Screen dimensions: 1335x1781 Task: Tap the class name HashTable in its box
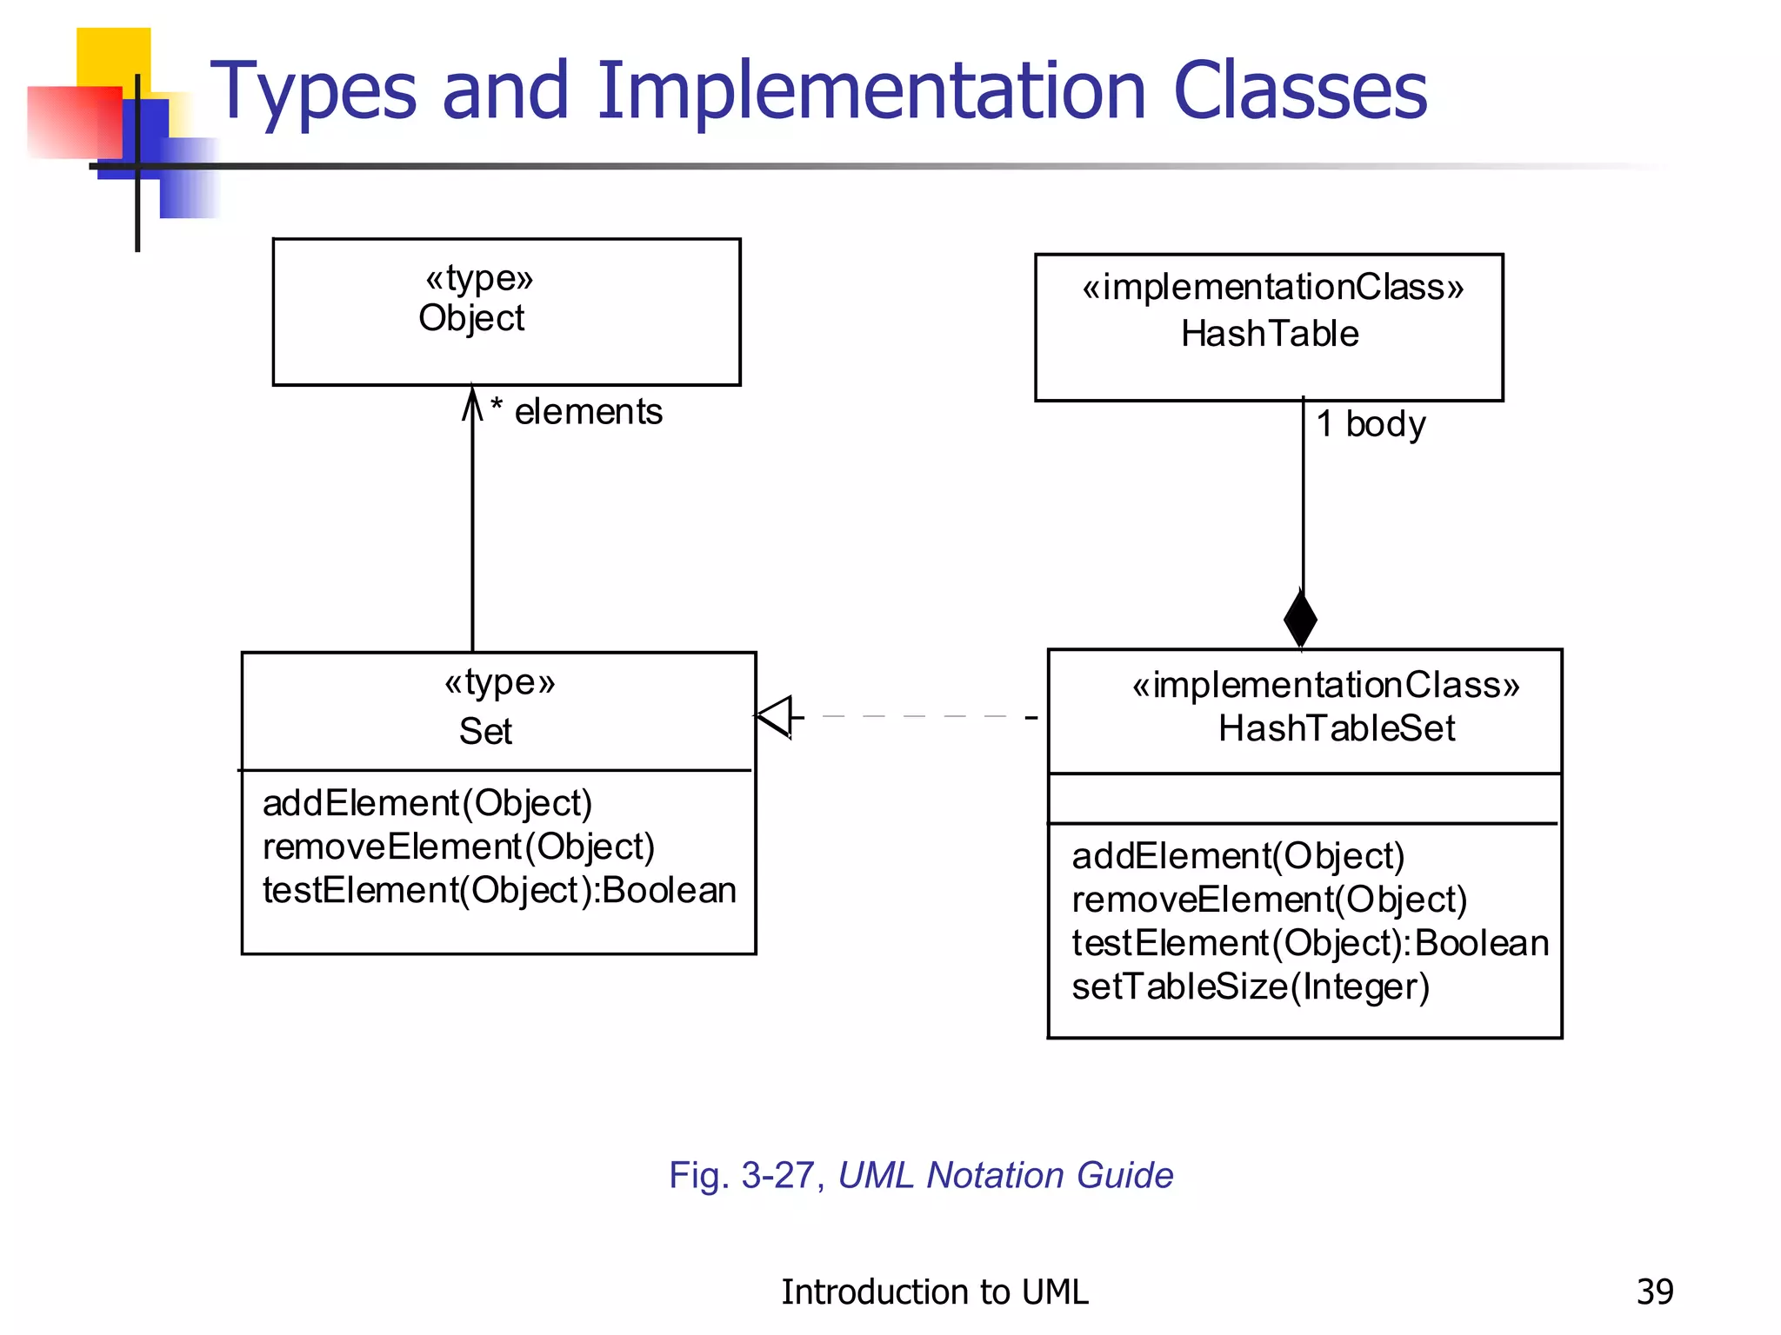1269,335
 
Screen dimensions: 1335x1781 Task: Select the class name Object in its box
471,319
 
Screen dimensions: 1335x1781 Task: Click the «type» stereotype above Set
499,683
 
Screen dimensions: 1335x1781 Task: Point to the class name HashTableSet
1336,728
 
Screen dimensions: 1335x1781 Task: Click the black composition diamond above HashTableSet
1300,619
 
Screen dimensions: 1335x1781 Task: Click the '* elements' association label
577,412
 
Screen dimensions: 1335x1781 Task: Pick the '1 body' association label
1371,424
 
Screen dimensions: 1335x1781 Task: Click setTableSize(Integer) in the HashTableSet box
1251,987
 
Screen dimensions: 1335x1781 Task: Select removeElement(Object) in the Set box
458,847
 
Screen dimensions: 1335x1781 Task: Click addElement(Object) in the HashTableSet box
1237,857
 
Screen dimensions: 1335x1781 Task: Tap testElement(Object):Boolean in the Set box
499,891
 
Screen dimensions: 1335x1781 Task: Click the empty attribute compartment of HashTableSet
1304,799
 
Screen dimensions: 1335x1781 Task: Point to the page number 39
1654,1292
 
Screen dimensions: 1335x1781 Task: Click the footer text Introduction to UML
934,1292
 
